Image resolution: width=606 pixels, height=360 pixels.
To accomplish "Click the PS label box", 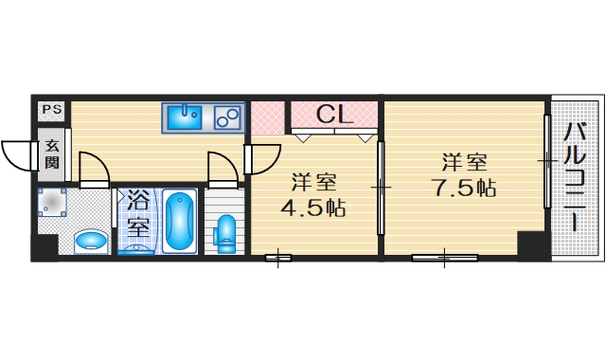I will [50, 110].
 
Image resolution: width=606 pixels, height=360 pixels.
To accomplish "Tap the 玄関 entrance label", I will [50, 154].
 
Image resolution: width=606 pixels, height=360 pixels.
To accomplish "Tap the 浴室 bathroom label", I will [139, 213].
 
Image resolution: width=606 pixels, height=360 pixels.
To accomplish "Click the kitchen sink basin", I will [184, 117].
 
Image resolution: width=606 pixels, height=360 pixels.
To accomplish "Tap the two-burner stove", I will [227, 117].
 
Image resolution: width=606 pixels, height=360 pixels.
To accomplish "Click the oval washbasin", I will [90, 241].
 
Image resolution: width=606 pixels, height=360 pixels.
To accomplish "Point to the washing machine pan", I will [53, 205].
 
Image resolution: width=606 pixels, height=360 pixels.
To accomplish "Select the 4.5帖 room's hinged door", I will [263, 157].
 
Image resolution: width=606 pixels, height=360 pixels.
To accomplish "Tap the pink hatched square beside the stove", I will [268, 117].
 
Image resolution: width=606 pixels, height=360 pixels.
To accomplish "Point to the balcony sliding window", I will [546, 163].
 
